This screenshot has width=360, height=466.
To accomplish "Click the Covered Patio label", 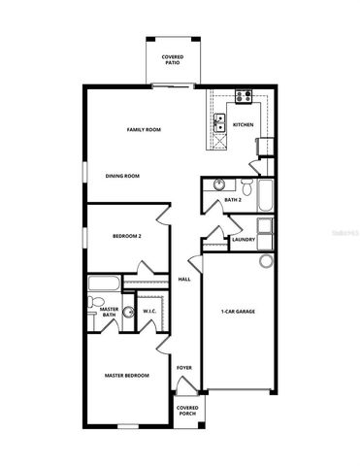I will point(173,59).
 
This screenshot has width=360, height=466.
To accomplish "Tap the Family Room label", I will point(143,129).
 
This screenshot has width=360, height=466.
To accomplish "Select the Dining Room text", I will point(123,176).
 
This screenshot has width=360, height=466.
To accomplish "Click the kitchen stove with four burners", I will point(242,96).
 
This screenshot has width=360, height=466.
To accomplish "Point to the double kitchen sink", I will point(219,122).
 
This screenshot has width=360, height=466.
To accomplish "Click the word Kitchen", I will point(243,124).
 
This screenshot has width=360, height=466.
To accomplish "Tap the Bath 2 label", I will point(232,200).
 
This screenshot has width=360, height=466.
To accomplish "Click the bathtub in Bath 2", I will point(266,192).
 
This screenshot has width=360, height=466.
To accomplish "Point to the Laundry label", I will point(244,239).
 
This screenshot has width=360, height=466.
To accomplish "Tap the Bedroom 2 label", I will point(126,236).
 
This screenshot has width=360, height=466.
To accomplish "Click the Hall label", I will point(183,280).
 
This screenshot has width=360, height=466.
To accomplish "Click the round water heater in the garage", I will point(267,261).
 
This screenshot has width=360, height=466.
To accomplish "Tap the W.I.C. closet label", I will point(150,312).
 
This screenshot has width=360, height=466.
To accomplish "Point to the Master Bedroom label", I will point(127,375).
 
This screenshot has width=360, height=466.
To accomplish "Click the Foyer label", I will point(183,368).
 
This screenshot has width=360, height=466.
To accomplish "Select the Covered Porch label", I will point(188,412).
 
